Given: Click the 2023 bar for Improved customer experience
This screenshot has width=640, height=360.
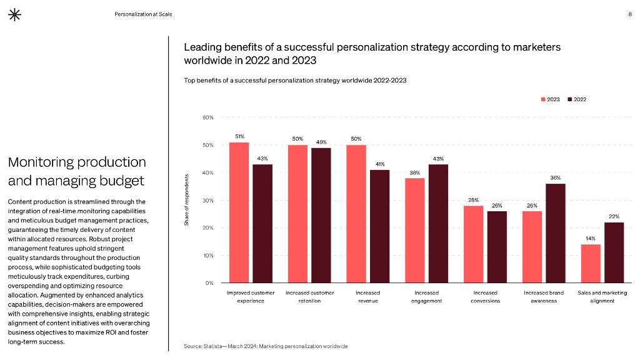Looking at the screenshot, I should point(239,212).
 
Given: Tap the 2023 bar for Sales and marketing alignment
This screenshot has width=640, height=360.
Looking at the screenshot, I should point(591,263).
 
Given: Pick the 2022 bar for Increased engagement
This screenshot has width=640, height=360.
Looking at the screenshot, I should point(438,223).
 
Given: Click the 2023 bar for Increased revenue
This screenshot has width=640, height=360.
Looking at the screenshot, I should point(356,214).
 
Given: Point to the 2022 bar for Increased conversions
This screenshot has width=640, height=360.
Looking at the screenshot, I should point(497,247).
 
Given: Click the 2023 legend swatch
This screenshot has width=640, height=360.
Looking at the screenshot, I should point(543,99).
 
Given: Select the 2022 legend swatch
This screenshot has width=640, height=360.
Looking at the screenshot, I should point(570,99).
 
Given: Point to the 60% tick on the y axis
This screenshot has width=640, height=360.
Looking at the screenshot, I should point(208,117).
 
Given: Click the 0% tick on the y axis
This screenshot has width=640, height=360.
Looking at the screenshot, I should point(209,283).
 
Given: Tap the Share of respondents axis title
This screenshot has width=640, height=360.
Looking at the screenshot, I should point(186,200).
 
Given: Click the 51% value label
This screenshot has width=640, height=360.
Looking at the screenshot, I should point(239,136).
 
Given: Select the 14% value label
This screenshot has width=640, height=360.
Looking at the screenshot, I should point(591,239).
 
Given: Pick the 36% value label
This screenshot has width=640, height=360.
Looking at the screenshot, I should point(556,178).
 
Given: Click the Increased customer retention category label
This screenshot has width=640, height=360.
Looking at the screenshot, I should point(309,296).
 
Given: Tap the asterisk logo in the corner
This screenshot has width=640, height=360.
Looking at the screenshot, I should point(14,15).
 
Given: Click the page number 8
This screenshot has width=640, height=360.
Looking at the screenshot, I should point(629,14).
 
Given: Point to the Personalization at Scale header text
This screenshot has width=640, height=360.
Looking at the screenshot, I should point(143,14).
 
